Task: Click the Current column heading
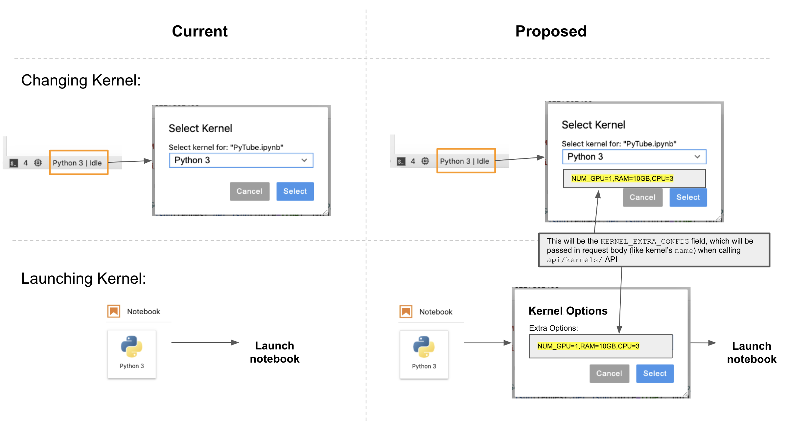[199, 32]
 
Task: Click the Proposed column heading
[551, 32]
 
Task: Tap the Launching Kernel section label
[83, 279]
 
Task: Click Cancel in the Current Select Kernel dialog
[249, 191]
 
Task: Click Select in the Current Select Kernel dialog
[295, 191]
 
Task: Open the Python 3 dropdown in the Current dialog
[241, 160]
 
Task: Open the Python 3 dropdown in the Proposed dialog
[634, 157]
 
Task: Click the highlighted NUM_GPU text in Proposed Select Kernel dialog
[622, 178]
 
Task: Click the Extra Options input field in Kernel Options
[600, 346]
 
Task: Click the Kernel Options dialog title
[568, 311]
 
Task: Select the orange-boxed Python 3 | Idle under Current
[78, 163]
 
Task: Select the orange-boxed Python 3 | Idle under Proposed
[466, 161]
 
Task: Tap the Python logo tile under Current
[131, 354]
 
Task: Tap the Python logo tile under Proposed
[424, 354]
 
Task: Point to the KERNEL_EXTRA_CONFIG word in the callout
[644, 242]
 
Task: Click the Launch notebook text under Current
[274, 352]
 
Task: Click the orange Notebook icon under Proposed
[406, 311]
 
